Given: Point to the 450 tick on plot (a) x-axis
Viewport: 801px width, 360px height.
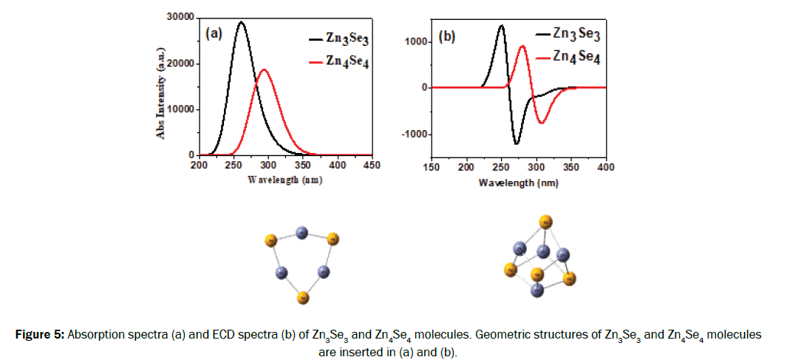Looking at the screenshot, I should [x=372, y=166].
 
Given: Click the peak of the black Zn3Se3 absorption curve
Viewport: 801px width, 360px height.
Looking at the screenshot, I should [x=241, y=22].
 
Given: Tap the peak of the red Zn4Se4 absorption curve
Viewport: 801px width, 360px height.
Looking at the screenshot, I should [x=263, y=69].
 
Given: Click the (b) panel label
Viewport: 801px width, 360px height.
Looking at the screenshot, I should [x=447, y=35].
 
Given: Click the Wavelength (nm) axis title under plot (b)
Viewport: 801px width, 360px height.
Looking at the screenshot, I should [x=518, y=181].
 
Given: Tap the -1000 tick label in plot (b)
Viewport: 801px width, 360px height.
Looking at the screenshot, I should [x=415, y=134].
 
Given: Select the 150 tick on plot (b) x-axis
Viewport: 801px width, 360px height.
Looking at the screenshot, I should [x=431, y=167].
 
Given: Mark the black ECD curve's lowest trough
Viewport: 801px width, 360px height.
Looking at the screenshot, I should [x=517, y=143].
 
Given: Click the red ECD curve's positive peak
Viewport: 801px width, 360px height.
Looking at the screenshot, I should [x=522, y=46].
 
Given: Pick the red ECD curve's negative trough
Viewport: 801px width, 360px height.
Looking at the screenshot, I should [x=542, y=123].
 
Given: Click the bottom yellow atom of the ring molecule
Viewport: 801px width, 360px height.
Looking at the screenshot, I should [x=302, y=297].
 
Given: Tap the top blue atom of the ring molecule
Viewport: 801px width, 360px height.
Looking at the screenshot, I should [x=301, y=234].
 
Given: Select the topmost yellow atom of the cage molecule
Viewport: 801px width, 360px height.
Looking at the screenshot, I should [x=545, y=220].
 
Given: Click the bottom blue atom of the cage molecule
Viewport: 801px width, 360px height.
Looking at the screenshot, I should [x=537, y=290].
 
